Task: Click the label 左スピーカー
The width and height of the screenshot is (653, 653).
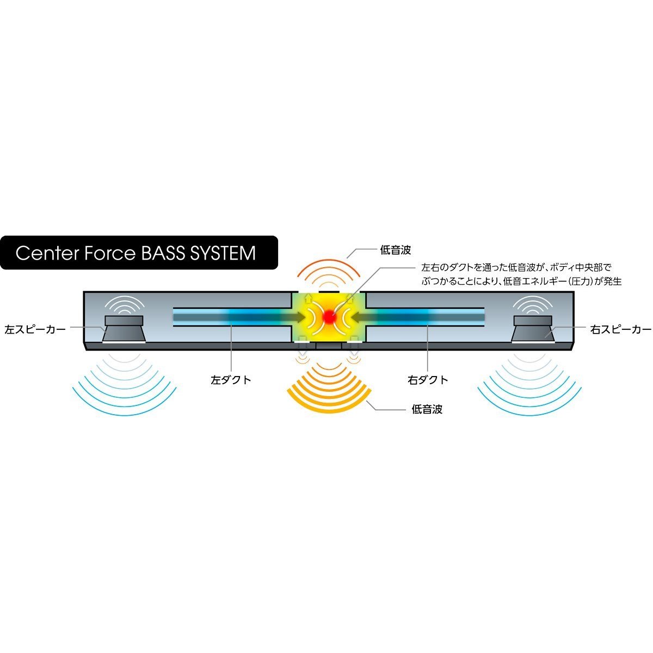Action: coord(35,330)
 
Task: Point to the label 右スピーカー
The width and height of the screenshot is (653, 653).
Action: coord(620,330)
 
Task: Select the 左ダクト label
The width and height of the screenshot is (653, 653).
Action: coord(231,380)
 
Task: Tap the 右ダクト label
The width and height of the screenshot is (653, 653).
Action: coord(428,380)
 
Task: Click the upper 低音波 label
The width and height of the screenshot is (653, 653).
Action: coord(395,250)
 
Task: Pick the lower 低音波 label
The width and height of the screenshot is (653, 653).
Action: coord(427,409)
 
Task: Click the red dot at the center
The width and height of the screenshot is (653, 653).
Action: coord(329,316)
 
